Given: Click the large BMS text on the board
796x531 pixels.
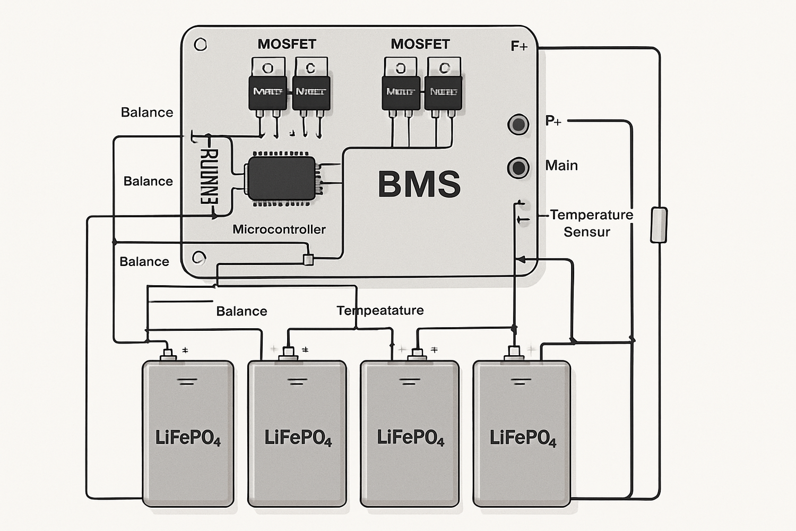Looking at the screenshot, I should (x=419, y=184).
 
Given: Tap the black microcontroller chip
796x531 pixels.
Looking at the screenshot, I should (x=281, y=178).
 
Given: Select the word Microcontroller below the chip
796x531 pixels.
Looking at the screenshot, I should (x=279, y=229).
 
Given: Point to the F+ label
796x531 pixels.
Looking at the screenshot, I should (x=519, y=47).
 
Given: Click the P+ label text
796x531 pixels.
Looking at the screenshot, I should (x=553, y=121).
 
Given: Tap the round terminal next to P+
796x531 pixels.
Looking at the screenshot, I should (x=518, y=125).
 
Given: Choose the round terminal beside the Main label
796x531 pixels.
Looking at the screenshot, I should (x=518, y=168).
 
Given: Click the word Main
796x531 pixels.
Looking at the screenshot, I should (x=561, y=166).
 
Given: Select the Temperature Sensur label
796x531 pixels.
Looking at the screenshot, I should (x=591, y=223).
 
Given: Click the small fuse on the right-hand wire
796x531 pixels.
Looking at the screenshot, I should (x=659, y=225).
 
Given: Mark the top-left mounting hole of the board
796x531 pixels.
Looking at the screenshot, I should (x=201, y=45).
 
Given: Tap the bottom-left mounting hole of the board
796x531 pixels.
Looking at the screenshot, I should (x=199, y=258).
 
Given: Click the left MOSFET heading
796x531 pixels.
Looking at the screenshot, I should (x=287, y=44).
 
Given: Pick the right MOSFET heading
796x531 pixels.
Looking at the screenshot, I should (x=420, y=44).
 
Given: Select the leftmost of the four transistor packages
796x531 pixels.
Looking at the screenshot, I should (x=267, y=88).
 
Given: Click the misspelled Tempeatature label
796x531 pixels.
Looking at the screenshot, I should (x=380, y=310).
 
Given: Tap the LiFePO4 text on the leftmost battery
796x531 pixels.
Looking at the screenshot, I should (x=188, y=438).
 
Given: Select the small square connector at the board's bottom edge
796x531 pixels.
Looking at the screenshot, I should (x=308, y=260).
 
